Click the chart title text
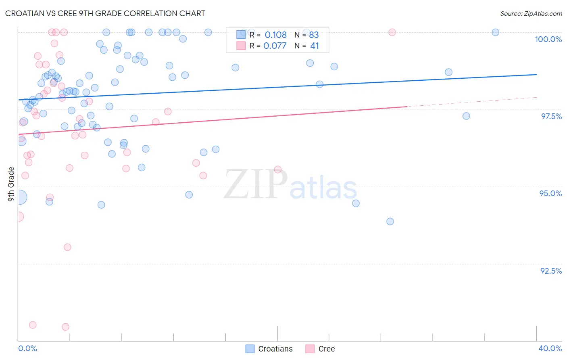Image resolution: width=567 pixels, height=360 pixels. (x=105, y=13)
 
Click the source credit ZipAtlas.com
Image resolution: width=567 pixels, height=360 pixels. (x=531, y=13)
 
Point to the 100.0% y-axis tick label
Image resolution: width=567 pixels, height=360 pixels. (x=548, y=39)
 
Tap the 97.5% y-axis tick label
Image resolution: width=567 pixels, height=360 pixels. (x=551, y=116)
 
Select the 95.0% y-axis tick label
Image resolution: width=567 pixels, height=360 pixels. (x=550, y=193)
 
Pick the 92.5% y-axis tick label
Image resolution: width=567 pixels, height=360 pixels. (x=551, y=270)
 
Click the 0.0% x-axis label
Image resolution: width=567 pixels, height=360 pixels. (x=27, y=348)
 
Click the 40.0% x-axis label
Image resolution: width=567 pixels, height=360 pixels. (x=550, y=348)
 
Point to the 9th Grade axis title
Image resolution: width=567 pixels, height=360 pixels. (x=11, y=184)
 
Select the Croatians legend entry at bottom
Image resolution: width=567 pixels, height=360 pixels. (x=269, y=349)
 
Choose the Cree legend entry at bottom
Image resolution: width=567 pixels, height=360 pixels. (x=321, y=349)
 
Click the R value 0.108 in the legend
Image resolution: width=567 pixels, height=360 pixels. (x=275, y=35)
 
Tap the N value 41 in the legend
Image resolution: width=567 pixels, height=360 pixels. (x=315, y=46)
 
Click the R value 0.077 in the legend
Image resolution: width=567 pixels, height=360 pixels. (x=275, y=46)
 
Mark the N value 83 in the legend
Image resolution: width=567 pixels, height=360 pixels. (x=314, y=35)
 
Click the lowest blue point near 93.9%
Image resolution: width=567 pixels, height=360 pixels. (x=390, y=221)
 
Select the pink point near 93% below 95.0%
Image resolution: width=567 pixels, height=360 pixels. (x=67, y=247)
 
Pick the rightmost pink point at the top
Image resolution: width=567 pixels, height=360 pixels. (x=392, y=32)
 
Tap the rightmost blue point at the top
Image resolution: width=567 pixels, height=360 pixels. (x=495, y=32)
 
